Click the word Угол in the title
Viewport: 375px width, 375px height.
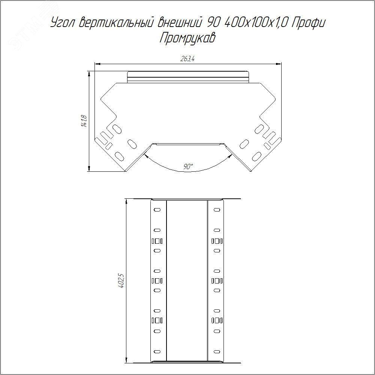(x=63, y=23)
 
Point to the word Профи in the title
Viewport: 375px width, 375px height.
(x=309, y=23)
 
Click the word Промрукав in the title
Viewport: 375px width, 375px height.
(x=187, y=38)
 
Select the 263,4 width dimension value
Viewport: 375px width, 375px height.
(x=187, y=59)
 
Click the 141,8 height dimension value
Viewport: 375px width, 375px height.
(x=84, y=121)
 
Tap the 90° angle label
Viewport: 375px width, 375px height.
(x=188, y=166)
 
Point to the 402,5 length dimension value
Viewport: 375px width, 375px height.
(x=121, y=281)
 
